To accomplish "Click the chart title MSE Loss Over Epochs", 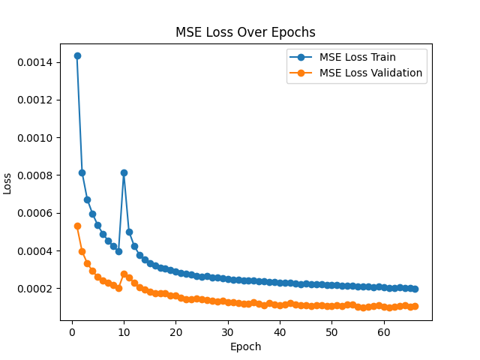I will point(245,32).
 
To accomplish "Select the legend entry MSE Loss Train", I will point(357,57).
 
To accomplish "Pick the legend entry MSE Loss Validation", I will point(370,73).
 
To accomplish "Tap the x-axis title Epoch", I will point(245,346).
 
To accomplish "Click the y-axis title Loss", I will point(8,182).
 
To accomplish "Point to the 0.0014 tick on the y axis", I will point(35,62).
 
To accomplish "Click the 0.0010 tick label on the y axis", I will point(35,138).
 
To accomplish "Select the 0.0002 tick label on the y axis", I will point(35,289).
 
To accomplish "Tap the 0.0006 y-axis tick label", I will point(35,214).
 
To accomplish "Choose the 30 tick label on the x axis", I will point(228,332).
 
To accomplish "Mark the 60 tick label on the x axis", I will point(383,332).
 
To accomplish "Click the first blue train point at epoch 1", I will point(77,55).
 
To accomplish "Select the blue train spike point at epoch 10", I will point(124,172).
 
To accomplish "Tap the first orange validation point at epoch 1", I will point(77,226).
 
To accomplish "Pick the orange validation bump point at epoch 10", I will point(124,274).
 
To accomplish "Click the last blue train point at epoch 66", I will point(415,289).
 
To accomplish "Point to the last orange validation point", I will point(415,306).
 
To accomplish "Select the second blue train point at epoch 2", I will point(82,172).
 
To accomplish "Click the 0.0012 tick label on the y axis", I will point(35,100).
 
